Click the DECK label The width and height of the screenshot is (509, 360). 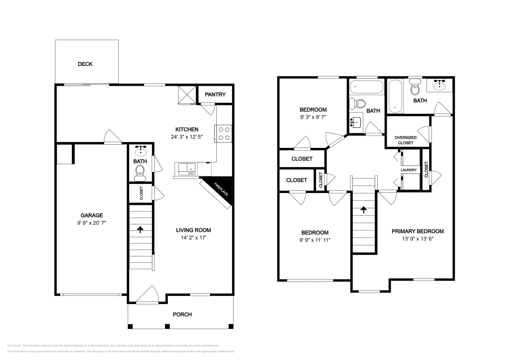pos(85,64)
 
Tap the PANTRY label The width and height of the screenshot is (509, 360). pos(215,94)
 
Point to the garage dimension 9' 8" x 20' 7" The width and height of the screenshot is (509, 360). pos(92,223)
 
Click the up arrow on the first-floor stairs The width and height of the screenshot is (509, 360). pos(140,229)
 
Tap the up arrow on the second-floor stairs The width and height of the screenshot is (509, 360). pos(364,210)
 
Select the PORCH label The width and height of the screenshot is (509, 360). pos(182,315)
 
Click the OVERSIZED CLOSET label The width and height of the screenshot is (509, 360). pos(406,140)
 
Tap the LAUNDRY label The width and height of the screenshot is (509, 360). pos(408,170)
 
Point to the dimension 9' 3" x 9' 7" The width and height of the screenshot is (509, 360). pos(313,117)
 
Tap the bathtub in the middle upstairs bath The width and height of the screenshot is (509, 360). pos(366,87)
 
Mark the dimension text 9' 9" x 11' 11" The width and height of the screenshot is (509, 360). pos(315,240)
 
